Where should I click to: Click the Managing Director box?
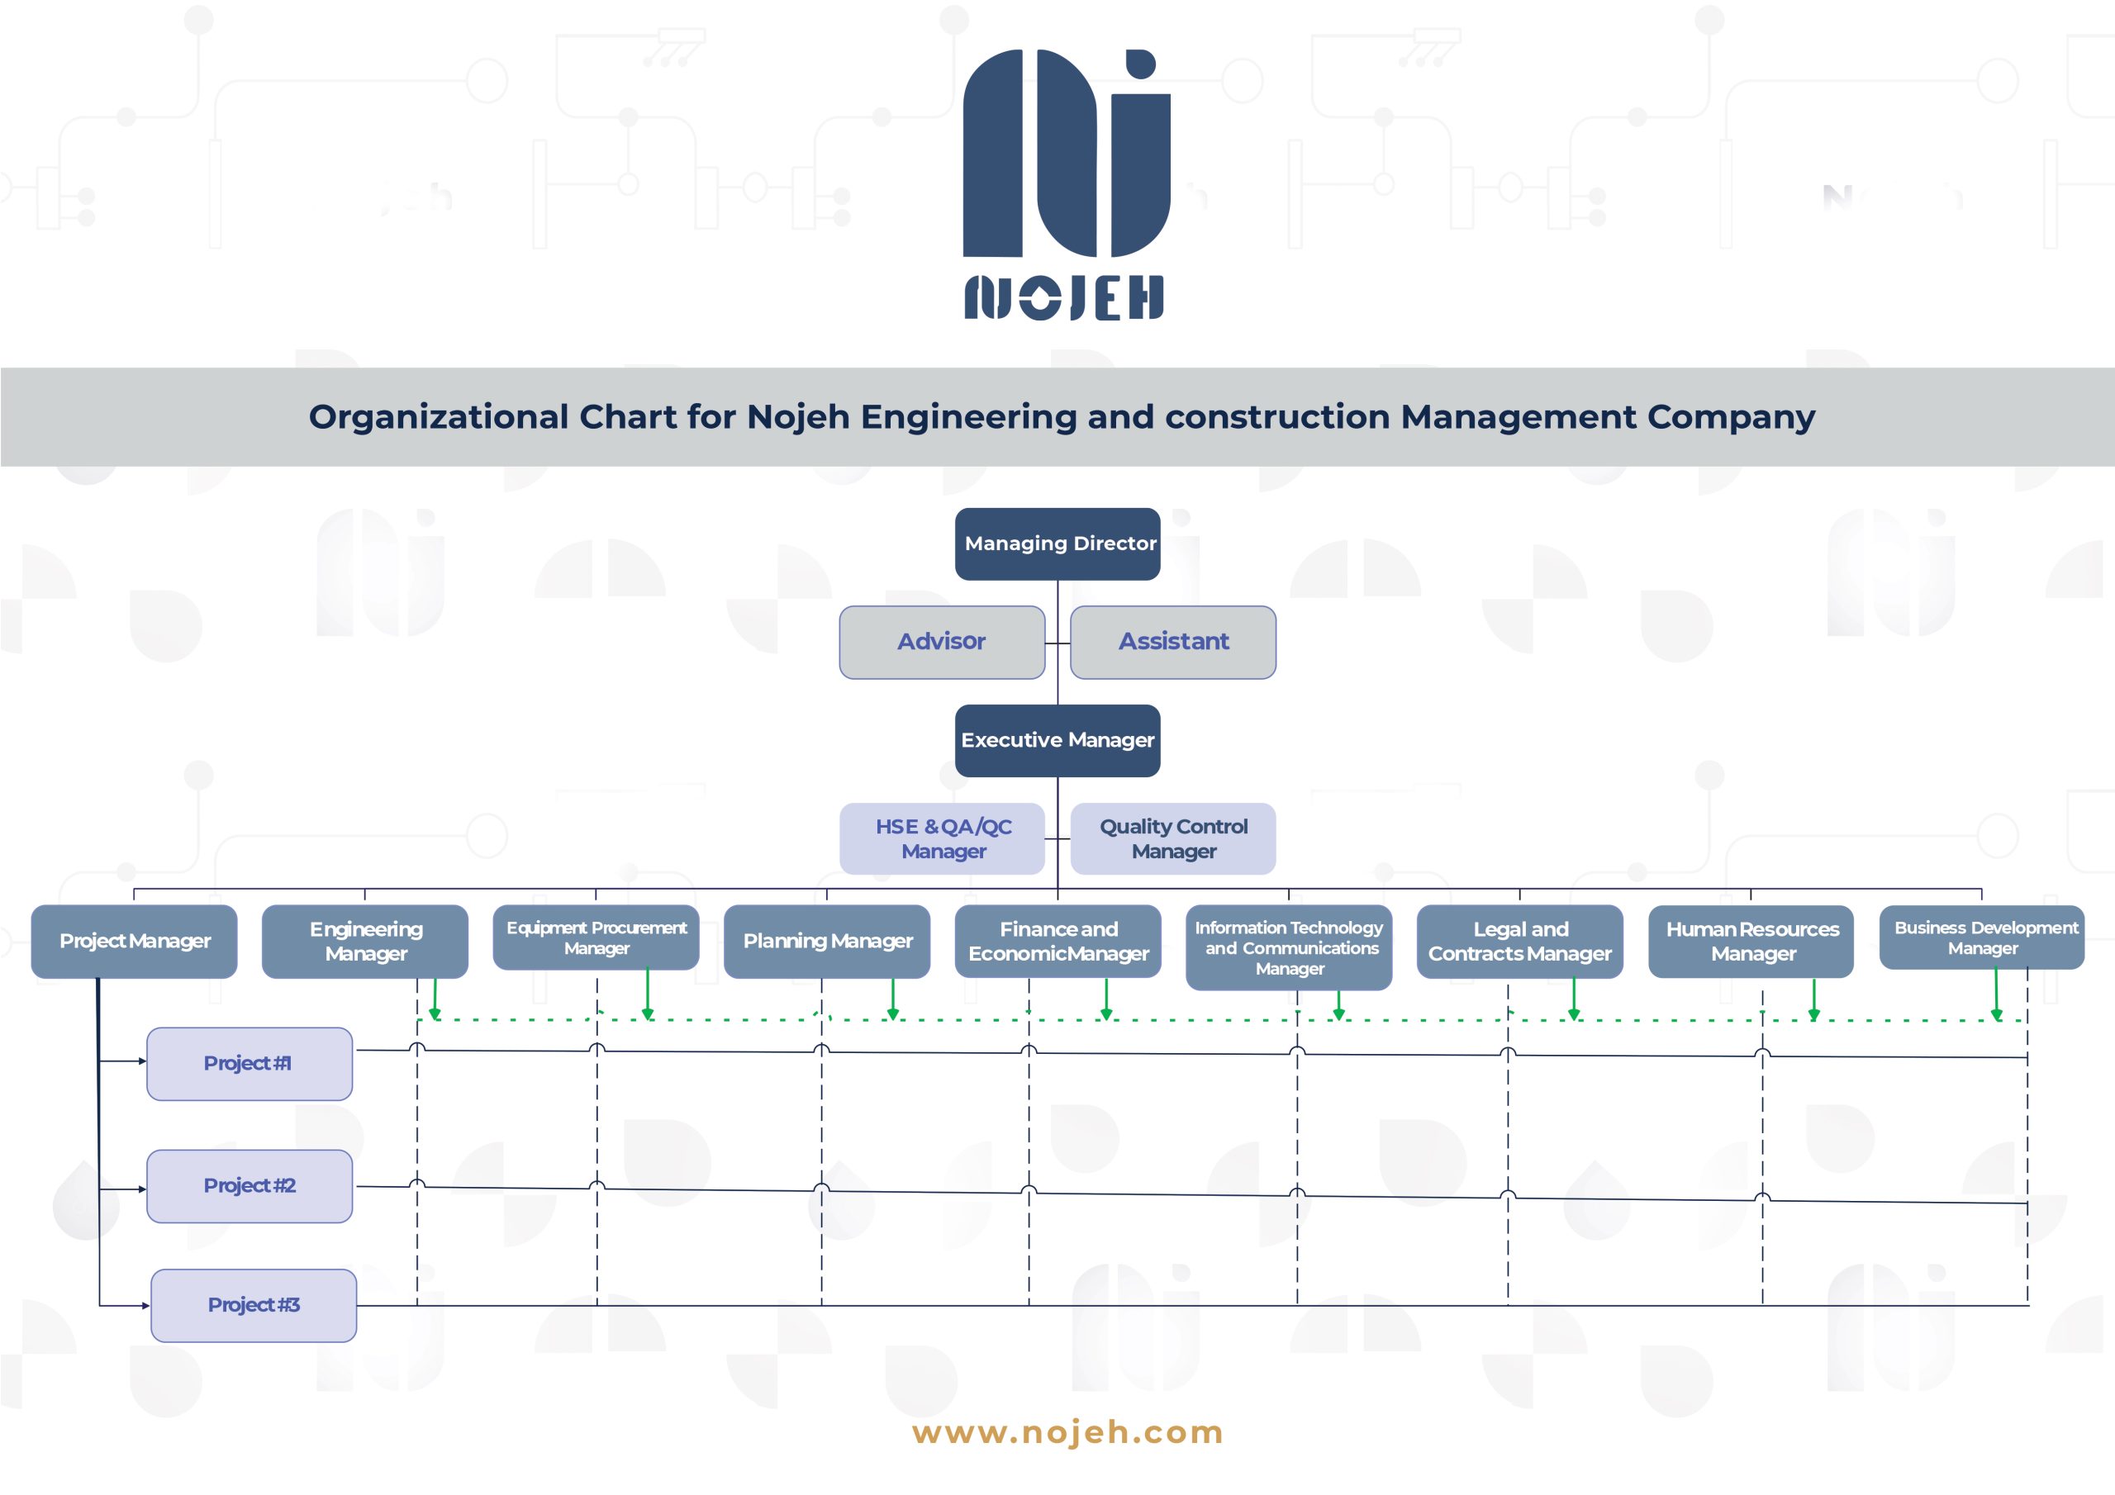pyautogui.click(x=1057, y=543)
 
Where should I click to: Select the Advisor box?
pyautogui.click(x=942, y=642)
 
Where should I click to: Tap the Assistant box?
pyautogui.click(x=1172, y=642)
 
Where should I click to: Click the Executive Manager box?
pyautogui.click(x=1057, y=741)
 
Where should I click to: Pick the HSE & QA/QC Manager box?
pyautogui.click(x=942, y=838)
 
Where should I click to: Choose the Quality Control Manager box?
pyautogui.click(x=1172, y=838)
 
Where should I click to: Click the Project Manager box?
pyautogui.click(x=135, y=942)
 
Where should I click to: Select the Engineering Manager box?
pyautogui.click(x=365, y=942)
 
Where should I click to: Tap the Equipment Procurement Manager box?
pyautogui.click(x=596, y=937)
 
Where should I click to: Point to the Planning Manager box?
pyautogui.click(x=827, y=942)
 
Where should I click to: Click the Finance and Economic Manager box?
pyautogui.click(x=1057, y=942)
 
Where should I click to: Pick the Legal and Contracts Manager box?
pyautogui.click(x=1520, y=942)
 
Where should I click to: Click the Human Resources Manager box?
pyautogui.click(x=1751, y=942)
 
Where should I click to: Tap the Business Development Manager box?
pyautogui.click(x=1982, y=937)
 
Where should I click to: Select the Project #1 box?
pyautogui.click(x=250, y=1064)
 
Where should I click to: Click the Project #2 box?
pyautogui.click(x=250, y=1186)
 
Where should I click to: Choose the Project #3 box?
pyautogui.click(x=254, y=1305)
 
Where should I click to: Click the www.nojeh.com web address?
pyautogui.click(x=1067, y=1432)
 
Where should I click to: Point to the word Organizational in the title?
pyautogui.click(x=439, y=417)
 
